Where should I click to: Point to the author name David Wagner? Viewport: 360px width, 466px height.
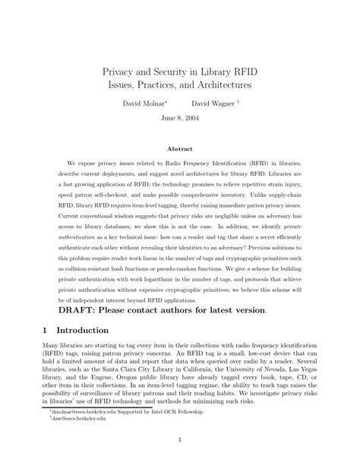coord(212,102)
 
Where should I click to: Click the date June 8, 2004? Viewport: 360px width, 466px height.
coord(179,118)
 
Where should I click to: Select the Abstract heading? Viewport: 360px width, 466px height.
coord(179,150)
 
